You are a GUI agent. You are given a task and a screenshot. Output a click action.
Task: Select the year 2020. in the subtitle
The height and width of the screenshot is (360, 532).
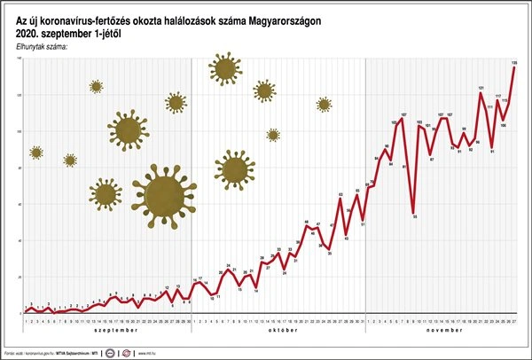[28, 34]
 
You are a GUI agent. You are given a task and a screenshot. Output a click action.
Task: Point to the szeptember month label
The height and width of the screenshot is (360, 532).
[106, 329]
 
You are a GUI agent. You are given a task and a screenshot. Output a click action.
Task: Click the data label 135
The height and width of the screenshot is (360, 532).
[514, 61]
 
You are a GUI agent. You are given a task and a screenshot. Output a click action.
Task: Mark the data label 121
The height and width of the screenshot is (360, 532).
[481, 88]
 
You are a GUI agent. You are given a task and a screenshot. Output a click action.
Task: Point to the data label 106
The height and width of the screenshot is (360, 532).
[503, 125]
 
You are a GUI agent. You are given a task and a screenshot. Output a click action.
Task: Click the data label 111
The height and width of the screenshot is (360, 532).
[489, 106]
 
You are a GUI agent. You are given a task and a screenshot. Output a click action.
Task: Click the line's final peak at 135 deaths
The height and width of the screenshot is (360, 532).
[514, 68]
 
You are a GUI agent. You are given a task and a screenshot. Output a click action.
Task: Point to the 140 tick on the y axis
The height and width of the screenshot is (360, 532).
[20, 59]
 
